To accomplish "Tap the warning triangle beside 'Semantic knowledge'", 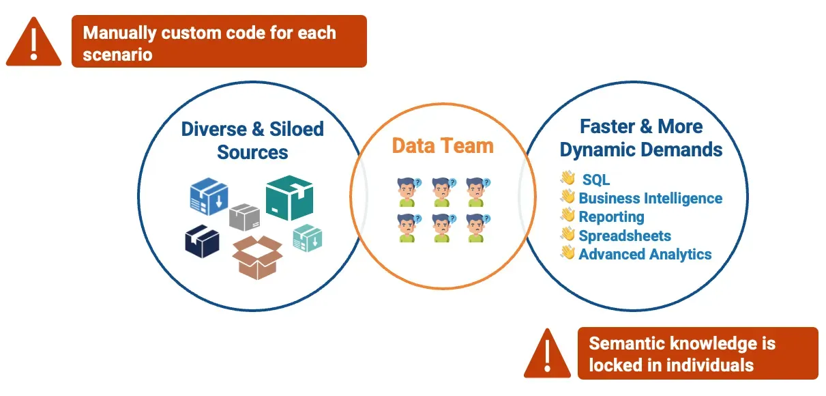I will tap(547, 354).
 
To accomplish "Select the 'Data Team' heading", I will tap(443, 145).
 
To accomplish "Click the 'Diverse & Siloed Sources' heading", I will tap(252, 140).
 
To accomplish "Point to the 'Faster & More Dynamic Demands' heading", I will tap(641, 137).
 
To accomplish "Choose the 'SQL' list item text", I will tap(596, 180).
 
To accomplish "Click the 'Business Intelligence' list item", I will tap(650, 198).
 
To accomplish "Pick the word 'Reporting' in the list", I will tap(611, 217).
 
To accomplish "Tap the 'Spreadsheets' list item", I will tap(625, 236).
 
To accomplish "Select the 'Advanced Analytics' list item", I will tap(645, 254).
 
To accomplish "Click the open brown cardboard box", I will tap(257, 256).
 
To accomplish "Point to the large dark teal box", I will tap(289, 197).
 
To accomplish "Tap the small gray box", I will tap(244, 217).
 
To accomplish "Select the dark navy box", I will tap(202, 242).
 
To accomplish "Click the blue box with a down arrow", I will tap(208, 196).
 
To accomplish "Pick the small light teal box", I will tap(307, 238).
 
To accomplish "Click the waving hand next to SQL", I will tap(567, 179).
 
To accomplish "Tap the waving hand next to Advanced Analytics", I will tap(567, 253).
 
